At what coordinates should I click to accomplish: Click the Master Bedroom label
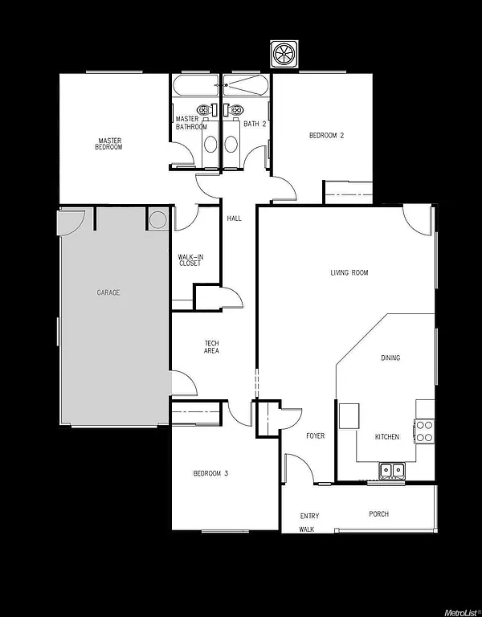(x=108, y=145)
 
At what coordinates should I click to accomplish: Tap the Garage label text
(x=108, y=293)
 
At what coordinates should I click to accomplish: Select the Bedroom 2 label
(x=327, y=136)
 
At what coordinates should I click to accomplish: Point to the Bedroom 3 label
(x=210, y=474)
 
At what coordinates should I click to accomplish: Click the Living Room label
(x=349, y=273)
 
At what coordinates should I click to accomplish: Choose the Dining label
(x=390, y=358)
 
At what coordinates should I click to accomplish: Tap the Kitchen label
(x=387, y=437)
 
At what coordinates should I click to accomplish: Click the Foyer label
(x=315, y=436)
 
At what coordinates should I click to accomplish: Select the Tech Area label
(x=211, y=347)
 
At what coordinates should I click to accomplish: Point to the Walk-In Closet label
(x=190, y=260)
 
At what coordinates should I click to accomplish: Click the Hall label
(x=235, y=219)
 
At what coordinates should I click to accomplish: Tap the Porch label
(x=379, y=514)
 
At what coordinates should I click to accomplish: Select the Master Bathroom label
(x=191, y=124)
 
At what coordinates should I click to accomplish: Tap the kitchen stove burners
(x=424, y=431)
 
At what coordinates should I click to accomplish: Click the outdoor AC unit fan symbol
(x=285, y=54)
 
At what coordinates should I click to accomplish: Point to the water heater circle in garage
(x=157, y=219)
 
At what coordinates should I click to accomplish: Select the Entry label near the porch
(x=309, y=517)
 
